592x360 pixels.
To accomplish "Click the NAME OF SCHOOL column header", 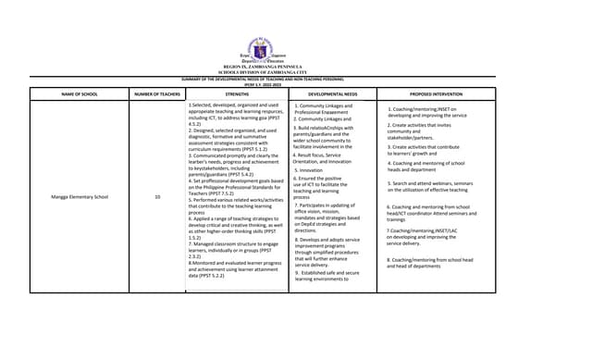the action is pos(80,94).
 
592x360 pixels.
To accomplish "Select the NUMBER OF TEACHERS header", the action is pos(157,94).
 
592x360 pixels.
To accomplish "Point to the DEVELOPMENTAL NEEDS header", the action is pos(331,94).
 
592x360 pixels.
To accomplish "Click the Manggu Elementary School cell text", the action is pos(80,196).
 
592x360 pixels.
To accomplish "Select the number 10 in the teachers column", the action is pos(157,196).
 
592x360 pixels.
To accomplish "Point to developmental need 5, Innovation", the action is pos(310,170).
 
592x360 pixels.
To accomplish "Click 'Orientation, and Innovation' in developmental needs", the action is pos(328,161).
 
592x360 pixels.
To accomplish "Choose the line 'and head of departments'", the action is pos(414,266).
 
